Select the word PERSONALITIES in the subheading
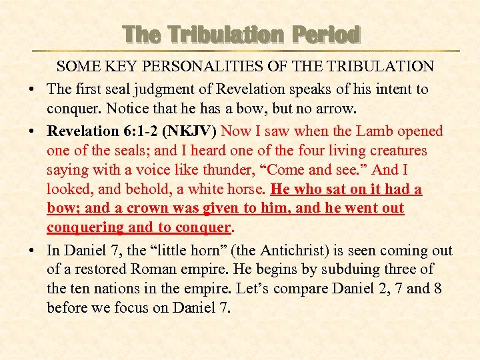tap(180, 67)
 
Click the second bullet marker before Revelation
tap(32, 132)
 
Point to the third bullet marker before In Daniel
tap(32, 252)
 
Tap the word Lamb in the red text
tap(369, 131)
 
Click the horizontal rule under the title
tap(247, 51)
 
